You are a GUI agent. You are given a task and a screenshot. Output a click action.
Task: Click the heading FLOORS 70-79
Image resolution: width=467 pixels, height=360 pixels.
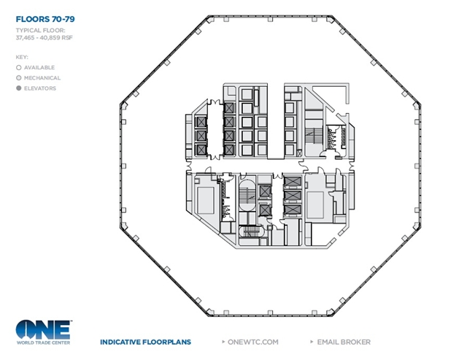(x=45, y=20)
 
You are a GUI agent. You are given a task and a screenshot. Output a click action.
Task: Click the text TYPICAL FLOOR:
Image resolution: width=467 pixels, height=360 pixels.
(x=41, y=31)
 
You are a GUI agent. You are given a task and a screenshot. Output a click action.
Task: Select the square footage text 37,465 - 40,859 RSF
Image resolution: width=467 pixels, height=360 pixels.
(x=44, y=38)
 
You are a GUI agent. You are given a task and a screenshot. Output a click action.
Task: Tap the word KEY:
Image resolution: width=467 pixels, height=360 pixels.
(x=22, y=57)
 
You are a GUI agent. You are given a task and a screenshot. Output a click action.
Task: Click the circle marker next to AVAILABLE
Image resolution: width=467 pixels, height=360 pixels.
(x=19, y=68)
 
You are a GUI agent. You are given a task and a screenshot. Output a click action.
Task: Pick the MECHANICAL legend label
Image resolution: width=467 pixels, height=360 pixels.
(x=42, y=78)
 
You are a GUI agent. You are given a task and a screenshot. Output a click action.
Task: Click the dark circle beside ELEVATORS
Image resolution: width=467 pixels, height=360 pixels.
(x=19, y=88)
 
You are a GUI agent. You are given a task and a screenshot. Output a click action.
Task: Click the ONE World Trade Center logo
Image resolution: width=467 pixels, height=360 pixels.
(x=44, y=332)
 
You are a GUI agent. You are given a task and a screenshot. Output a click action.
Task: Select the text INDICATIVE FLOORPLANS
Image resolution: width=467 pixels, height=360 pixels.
(x=146, y=342)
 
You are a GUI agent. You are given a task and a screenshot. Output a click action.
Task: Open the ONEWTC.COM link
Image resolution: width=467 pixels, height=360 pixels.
(x=253, y=342)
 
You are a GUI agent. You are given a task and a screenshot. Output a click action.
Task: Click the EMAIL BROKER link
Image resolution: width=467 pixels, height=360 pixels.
(x=344, y=342)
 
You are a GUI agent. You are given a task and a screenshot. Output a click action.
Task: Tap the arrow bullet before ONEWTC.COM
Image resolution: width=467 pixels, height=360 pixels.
(x=223, y=342)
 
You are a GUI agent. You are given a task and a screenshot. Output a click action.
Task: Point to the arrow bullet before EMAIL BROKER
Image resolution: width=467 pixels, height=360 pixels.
(x=312, y=342)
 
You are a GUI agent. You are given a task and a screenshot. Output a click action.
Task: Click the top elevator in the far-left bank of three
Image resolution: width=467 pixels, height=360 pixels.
(x=201, y=122)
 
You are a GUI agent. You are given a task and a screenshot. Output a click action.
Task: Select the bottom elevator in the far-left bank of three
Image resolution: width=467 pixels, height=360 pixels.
(x=201, y=150)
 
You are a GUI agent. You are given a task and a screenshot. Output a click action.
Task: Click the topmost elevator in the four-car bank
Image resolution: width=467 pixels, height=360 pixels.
(x=229, y=108)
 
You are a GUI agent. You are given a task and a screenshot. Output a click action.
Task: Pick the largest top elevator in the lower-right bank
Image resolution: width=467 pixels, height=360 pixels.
(x=293, y=182)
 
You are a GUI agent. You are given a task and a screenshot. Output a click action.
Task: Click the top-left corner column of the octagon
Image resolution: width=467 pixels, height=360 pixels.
(x=210, y=20)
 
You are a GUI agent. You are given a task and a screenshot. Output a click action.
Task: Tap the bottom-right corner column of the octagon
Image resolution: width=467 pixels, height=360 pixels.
(x=330, y=313)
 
